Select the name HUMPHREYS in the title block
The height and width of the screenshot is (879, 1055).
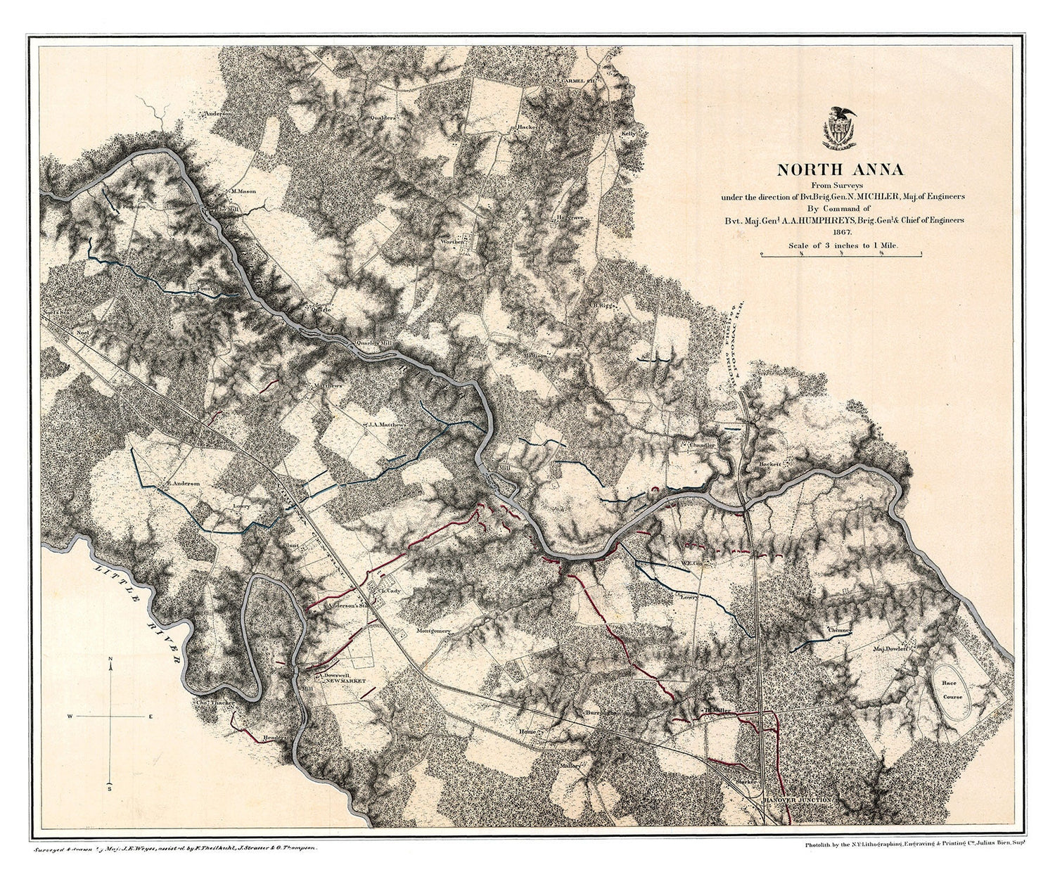[817, 219]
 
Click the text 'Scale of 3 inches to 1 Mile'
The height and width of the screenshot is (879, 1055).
[840, 245]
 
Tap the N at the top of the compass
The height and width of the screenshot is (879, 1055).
[111, 659]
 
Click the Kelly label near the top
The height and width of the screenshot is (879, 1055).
[628, 133]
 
